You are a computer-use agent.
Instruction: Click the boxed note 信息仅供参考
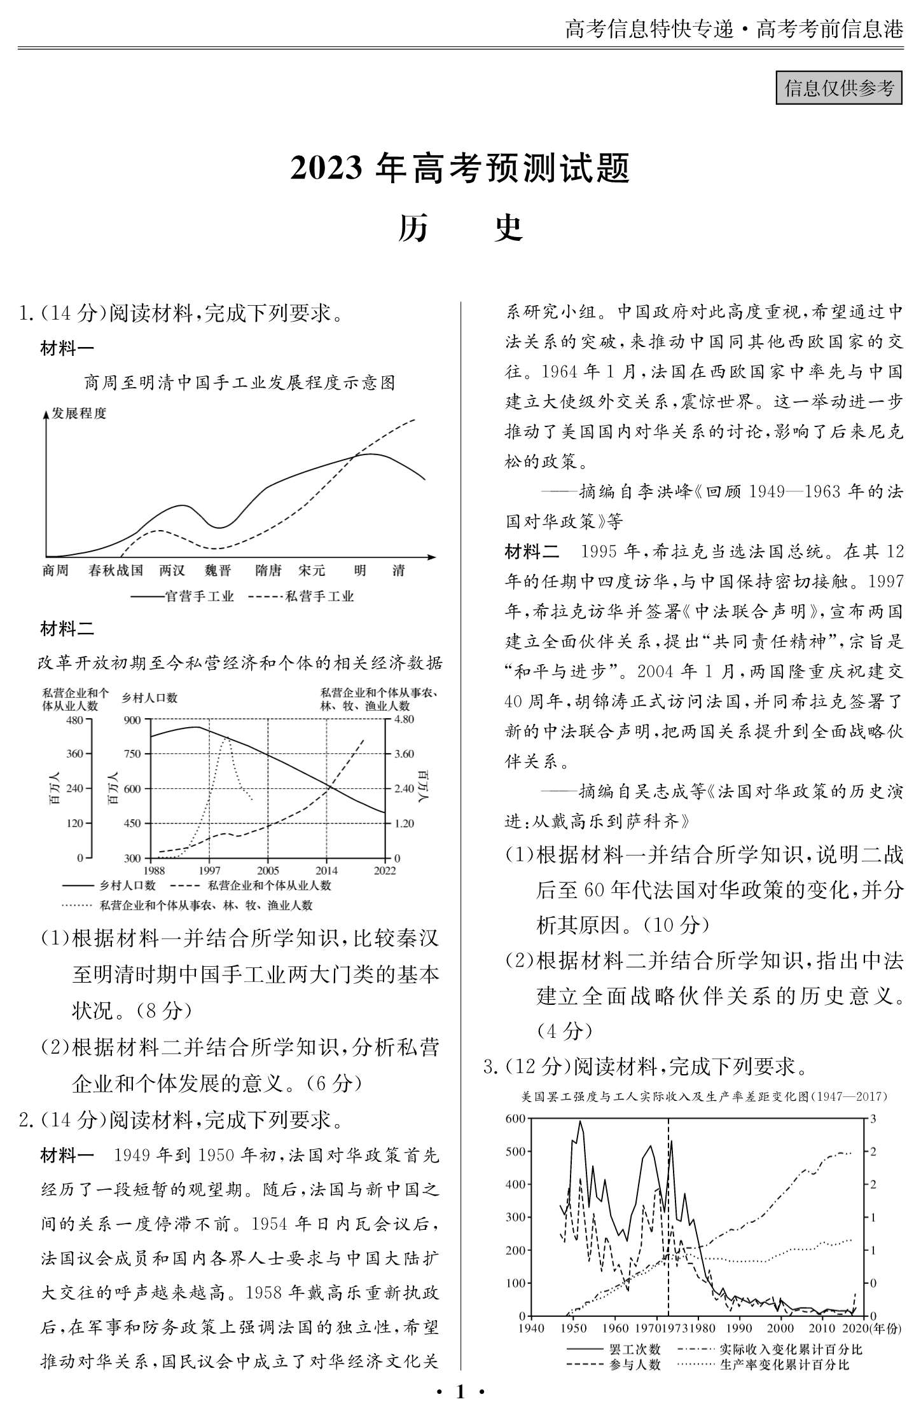838,88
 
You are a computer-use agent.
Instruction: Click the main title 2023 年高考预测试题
460,169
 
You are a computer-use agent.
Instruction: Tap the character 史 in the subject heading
509,228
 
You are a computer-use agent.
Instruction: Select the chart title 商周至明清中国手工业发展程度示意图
240,383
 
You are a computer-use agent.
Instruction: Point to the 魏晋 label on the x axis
218,571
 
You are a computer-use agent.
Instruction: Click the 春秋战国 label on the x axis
116,571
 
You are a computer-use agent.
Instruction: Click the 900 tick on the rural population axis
132,719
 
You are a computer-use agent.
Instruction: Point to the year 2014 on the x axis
327,870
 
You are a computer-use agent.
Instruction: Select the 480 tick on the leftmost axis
74,719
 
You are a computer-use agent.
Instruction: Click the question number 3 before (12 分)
488,1067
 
